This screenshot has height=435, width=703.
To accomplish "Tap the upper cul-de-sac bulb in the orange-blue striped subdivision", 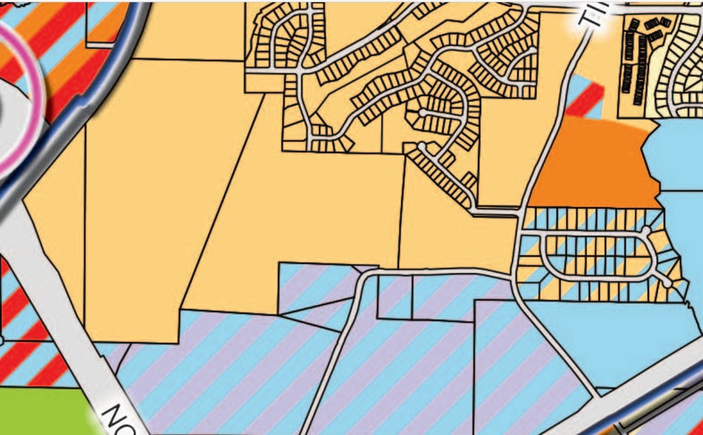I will tap(647, 231).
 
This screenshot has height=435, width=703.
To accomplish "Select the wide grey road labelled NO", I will tap(59, 296).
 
